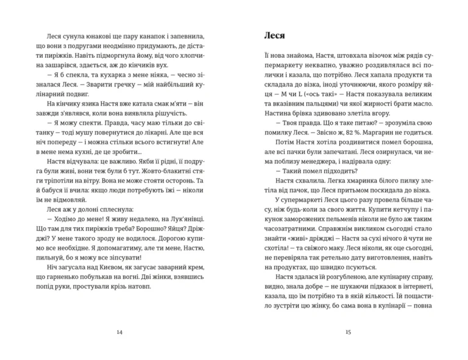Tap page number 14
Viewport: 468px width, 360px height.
118,331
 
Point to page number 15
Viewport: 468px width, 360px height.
348,331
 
